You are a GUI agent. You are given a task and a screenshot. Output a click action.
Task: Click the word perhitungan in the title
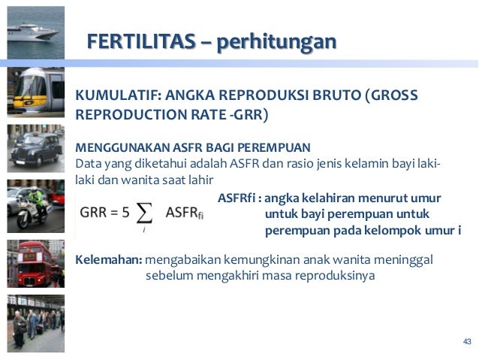(276, 41)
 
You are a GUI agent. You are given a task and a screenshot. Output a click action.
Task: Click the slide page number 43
(467, 343)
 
